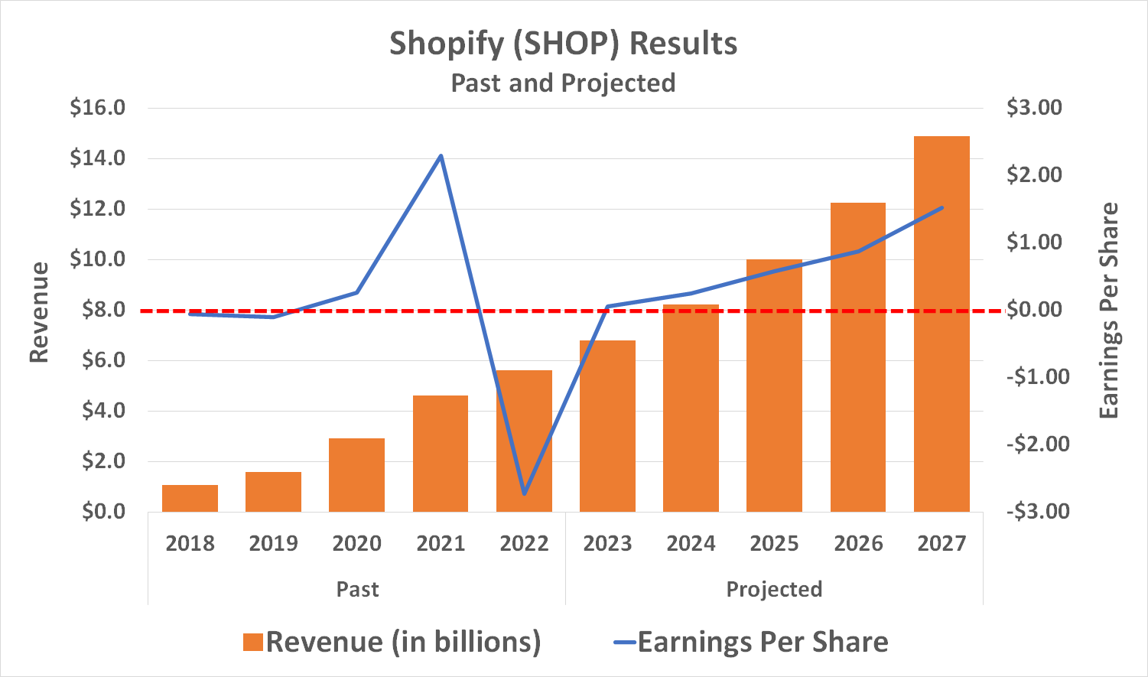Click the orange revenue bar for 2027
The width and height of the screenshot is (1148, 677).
pos(941,324)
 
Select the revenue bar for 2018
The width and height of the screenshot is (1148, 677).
pos(190,498)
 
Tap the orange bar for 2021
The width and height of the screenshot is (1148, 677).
pos(441,454)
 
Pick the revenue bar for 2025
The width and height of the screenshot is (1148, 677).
pos(774,386)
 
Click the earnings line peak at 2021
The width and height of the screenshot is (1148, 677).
pos(441,156)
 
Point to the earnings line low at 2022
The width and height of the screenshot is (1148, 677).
pos(524,493)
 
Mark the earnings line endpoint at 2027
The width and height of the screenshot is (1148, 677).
pos(941,207)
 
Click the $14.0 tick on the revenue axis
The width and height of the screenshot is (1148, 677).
pos(97,158)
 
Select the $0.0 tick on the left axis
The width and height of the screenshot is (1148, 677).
pos(103,511)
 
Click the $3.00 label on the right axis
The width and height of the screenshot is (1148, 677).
pos(1034,107)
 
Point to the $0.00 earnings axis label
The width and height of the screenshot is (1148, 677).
pos(1034,309)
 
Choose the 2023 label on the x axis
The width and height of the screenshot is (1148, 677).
pos(607,544)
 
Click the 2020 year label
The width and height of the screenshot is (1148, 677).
pos(356,544)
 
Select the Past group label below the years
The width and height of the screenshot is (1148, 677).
pos(357,589)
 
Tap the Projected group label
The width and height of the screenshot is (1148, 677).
pos(774,589)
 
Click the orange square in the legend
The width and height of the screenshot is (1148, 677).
pos(252,642)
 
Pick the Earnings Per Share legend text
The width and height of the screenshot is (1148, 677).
pos(763,642)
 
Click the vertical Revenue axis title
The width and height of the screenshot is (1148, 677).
pos(39,312)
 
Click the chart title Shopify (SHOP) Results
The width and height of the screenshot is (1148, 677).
pos(563,44)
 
